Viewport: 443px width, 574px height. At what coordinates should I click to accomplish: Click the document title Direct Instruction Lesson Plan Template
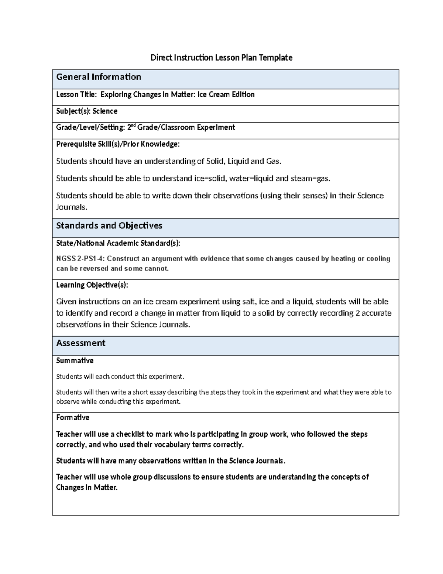tap(221, 58)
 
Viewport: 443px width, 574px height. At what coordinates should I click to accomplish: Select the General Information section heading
tap(99, 77)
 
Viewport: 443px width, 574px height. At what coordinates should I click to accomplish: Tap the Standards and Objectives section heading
tap(109, 225)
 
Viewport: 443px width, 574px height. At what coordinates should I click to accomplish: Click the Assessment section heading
tap(80, 343)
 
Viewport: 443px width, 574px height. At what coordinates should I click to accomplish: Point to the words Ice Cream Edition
tap(226, 95)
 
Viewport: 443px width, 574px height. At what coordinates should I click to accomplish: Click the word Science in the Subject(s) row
tap(105, 111)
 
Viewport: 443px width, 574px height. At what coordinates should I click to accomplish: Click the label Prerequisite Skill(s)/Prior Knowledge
tap(118, 144)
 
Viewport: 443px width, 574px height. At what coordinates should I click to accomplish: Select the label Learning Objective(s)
tap(92, 285)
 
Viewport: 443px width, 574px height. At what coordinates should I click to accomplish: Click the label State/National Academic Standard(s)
tap(118, 243)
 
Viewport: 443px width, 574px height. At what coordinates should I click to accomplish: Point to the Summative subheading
tap(75, 360)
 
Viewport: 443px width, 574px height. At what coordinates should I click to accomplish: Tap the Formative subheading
tap(73, 417)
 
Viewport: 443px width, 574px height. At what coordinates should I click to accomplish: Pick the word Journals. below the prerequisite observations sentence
tap(72, 207)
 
